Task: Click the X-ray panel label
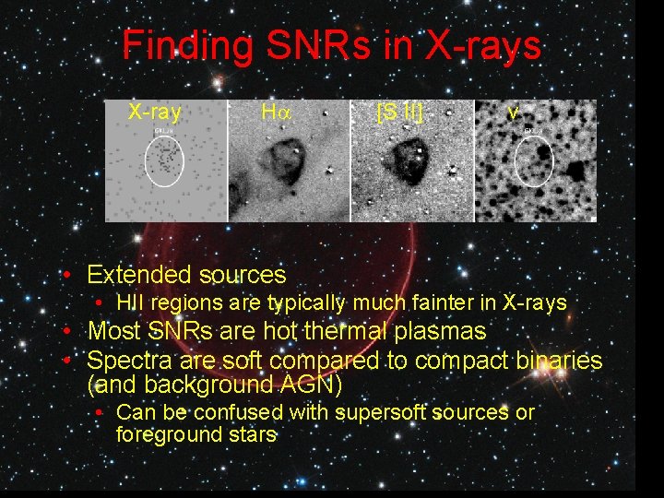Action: [154, 113]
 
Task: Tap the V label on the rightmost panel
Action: [513, 113]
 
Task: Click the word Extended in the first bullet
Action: [132, 275]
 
